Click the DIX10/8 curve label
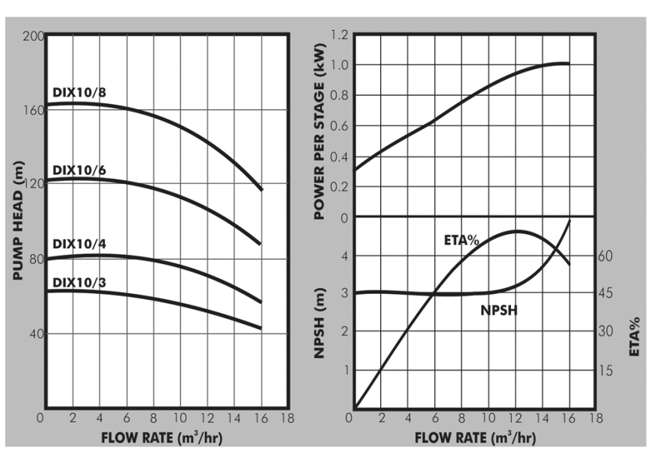click(79, 93)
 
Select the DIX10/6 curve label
click(79, 170)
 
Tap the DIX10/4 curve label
click(79, 245)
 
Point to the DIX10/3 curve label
click(79, 282)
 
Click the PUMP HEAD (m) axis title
click(19, 222)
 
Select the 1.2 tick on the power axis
click(340, 34)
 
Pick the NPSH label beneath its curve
click(498, 310)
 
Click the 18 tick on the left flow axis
click(286, 418)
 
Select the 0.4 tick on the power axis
click(340, 156)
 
